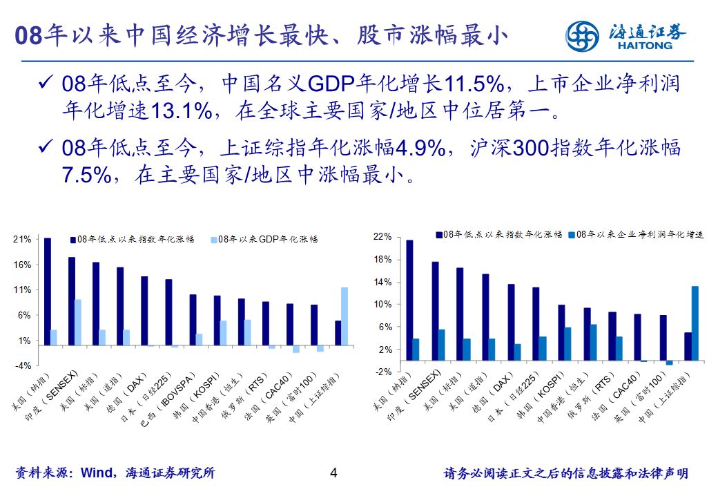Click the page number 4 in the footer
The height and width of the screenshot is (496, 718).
click(334, 473)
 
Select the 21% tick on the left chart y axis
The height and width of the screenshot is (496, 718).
click(22, 240)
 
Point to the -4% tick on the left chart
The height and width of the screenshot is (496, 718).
click(22, 365)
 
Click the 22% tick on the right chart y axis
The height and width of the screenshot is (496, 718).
click(382, 237)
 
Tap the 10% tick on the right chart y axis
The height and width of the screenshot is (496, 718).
click(382, 305)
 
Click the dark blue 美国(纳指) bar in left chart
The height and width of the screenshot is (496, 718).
click(47, 291)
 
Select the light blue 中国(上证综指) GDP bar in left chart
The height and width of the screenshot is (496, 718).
click(345, 316)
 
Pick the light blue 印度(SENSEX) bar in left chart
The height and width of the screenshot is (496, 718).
click(78, 322)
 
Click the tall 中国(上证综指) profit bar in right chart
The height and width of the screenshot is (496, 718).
click(695, 323)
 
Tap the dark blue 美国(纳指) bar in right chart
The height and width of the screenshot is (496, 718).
click(409, 300)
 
